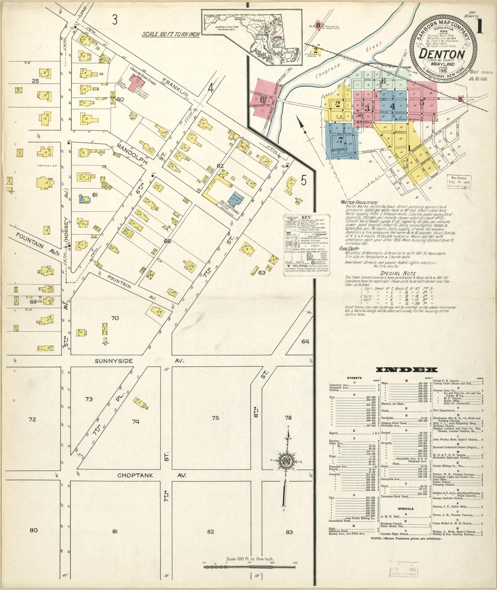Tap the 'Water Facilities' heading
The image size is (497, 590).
(359, 202)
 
